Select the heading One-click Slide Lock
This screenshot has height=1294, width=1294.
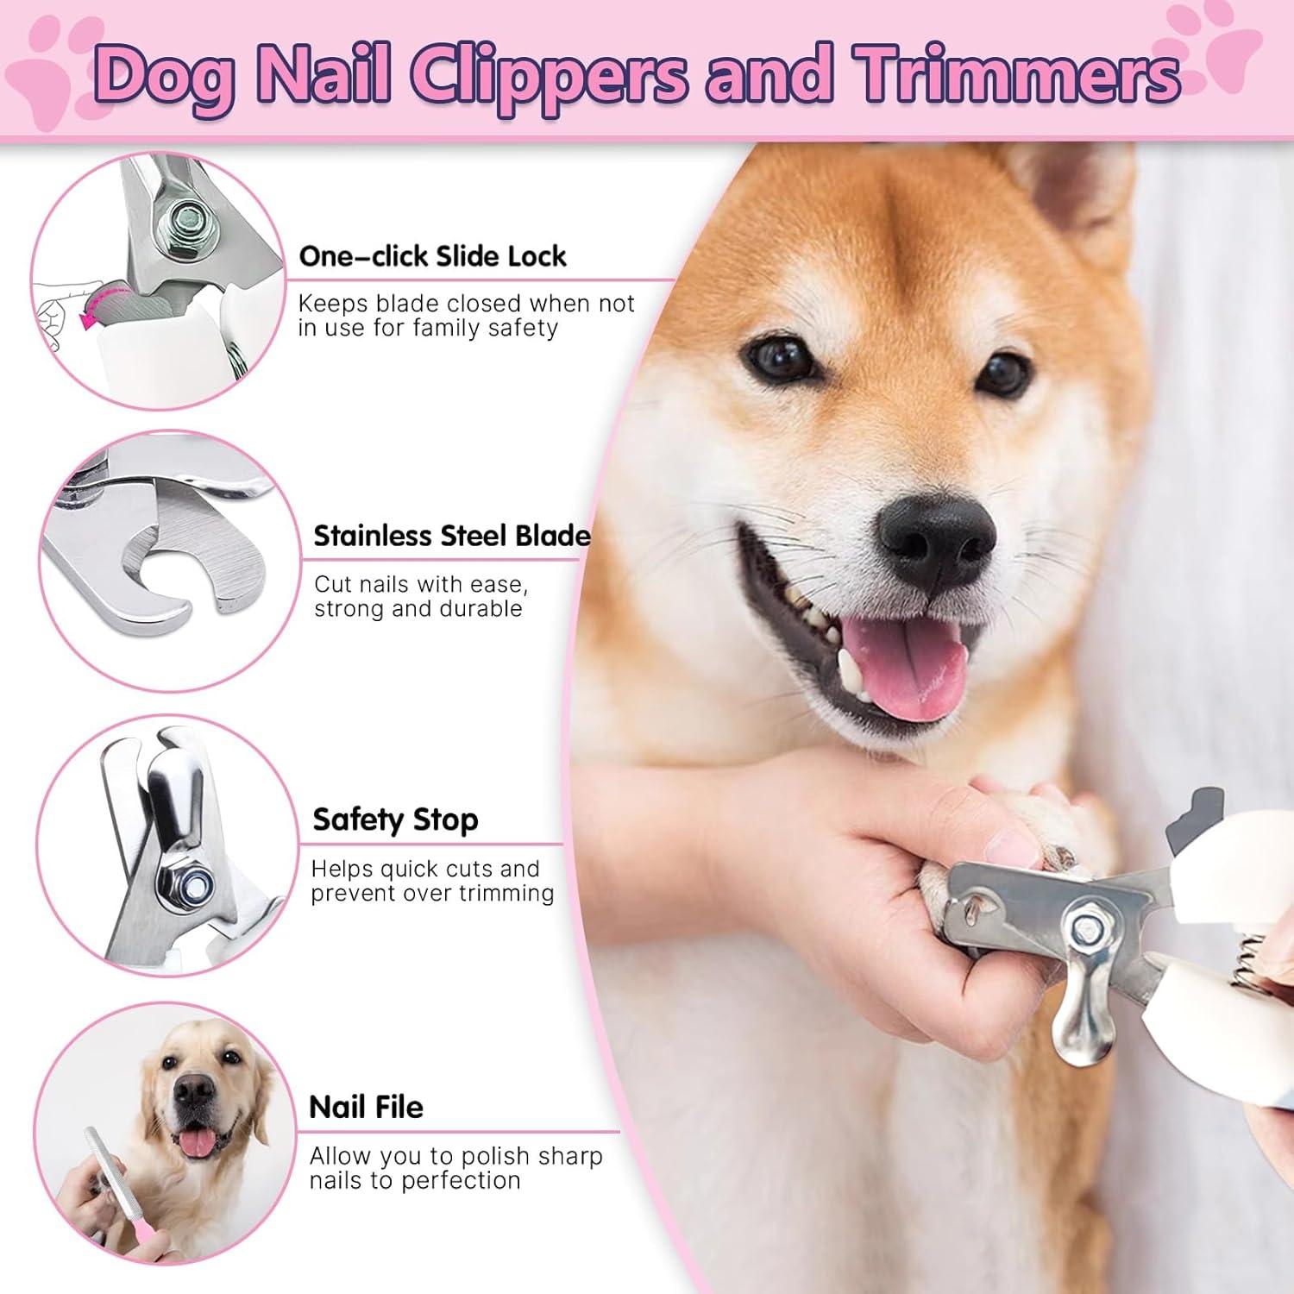tap(432, 256)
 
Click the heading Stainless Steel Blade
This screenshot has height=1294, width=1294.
tap(451, 536)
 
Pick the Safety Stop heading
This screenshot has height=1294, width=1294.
tap(395, 820)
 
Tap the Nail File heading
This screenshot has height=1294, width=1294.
tap(366, 1107)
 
